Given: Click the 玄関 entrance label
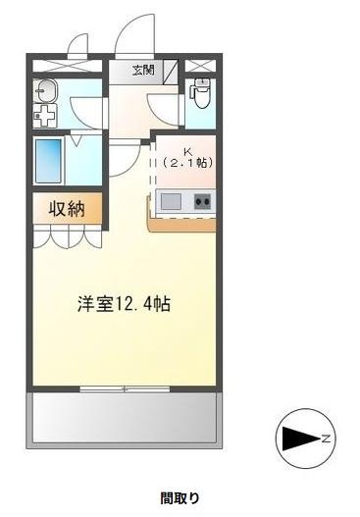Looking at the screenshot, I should tap(144, 69).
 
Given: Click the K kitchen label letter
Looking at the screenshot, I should tap(186, 150).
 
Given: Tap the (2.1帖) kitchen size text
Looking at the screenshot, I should tap(188, 163).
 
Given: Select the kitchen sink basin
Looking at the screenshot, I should tap(171, 202).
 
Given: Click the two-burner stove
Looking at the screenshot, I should tap(202, 202).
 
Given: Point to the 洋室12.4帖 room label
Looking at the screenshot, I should tap(125, 304).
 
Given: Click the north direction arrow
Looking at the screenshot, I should tap(294, 436).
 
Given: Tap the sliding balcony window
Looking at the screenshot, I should tap(125, 389).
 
